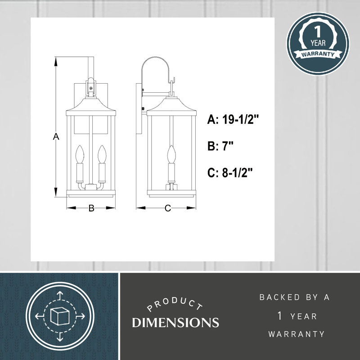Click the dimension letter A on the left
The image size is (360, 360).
(x=56, y=137)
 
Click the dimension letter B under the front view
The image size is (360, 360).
(x=91, y=208)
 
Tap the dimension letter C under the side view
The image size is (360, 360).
(x=167, y=208)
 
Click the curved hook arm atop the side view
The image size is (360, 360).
(x=156, y=63)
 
